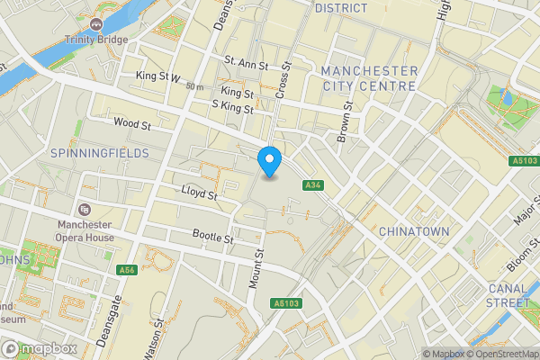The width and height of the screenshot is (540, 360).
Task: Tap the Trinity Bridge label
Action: tap(96, 40)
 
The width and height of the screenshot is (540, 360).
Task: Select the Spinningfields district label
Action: tap(100, 154)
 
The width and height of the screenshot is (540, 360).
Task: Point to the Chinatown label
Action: tap(414, 232)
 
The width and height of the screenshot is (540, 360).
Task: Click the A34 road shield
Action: tap(312, 185)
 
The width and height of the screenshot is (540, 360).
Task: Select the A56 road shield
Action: tap(127, 270)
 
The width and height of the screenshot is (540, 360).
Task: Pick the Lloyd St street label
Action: tap(199, 193)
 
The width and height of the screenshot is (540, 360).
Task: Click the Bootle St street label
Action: tap(213, 238)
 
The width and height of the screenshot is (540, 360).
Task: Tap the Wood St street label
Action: tap(131, 122)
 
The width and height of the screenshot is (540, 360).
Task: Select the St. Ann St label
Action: tap(246, 65)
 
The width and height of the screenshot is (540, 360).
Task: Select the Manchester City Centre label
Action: tap(369, 78)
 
